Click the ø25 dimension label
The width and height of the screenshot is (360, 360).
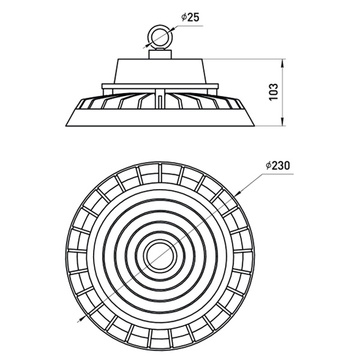click(190, 17)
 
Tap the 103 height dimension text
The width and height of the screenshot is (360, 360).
click(274, 92)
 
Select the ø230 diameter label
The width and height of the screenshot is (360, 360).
click(278, 166)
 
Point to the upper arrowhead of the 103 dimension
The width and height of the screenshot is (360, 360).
click(283, 64)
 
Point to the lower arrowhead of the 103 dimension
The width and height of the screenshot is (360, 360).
click(283, 122)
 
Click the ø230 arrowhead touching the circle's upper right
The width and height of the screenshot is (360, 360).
click(238, 194)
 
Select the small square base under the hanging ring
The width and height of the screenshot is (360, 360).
click(160, 54)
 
